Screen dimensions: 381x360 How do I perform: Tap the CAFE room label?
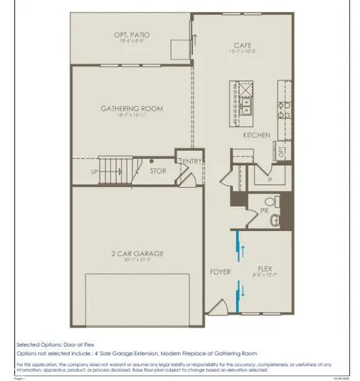click(243, 45)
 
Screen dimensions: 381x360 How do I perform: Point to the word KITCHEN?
click(257, 135)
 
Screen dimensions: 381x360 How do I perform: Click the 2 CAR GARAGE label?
click(137, 253)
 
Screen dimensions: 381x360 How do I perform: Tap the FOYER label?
click(220, 271)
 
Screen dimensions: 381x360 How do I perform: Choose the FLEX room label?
click(265, 268)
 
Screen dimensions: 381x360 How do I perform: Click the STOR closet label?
click(158, 169)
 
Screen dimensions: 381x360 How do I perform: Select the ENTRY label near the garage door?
click(192, 162)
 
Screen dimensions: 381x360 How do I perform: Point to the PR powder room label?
click(263, 211)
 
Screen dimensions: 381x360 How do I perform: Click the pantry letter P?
click(269, 180)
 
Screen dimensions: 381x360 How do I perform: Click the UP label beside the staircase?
click(95, 171)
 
